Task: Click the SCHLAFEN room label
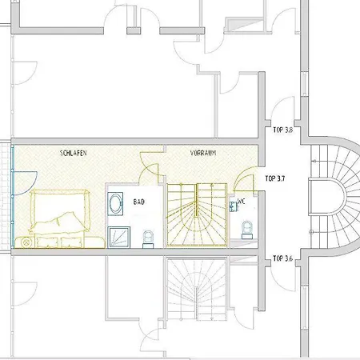(73, 151)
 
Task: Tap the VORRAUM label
(203, 151)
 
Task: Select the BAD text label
(138, 202)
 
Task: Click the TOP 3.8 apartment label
(282, 128)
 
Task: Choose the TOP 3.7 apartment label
(275, 178)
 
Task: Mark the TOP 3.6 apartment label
(282, 258)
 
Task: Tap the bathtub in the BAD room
(116, 202)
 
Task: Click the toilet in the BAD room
(147, 236)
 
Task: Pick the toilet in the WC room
(246, 230)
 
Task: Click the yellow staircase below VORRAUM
(196, 213)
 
